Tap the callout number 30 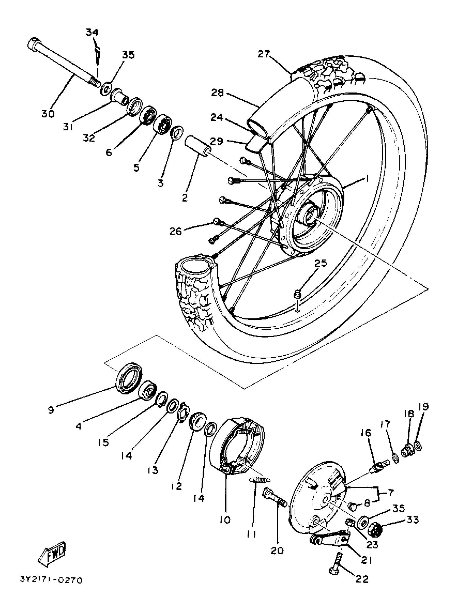(x=48, y=114)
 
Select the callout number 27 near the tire (x=263, y=54)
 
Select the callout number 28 (x=217, y=93)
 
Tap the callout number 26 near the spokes (x=176, y=231)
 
